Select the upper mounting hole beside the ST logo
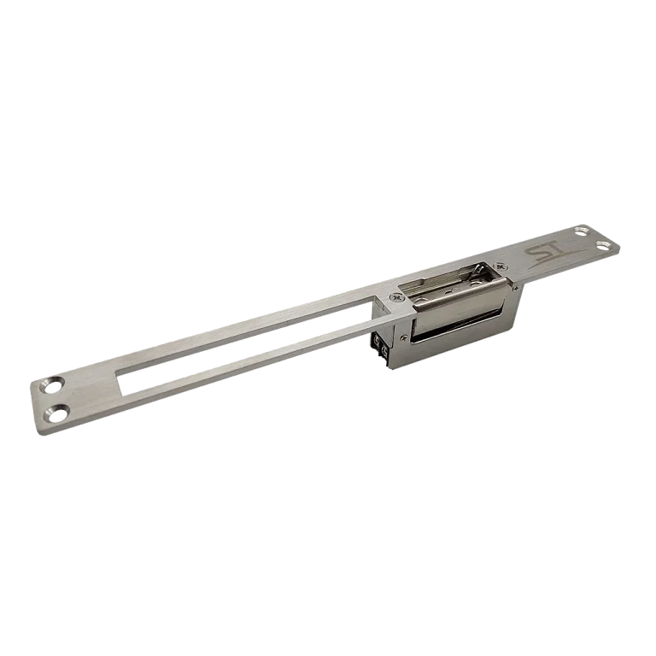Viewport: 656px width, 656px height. click(581, 231)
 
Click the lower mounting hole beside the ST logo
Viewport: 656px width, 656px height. click(603, 245)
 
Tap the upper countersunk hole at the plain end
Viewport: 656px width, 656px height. click(53, 385)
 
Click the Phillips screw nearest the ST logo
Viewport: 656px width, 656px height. click(500, 266)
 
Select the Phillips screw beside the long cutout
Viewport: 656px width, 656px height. click(395, 297)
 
